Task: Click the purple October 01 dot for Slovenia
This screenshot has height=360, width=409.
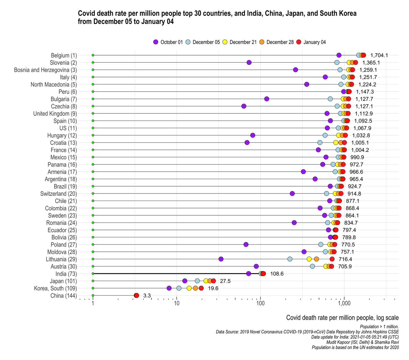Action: click(x=249, y=62)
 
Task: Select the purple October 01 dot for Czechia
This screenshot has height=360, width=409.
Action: click(x=244, y=106)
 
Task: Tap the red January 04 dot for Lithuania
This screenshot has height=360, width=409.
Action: click(x=332, y=259)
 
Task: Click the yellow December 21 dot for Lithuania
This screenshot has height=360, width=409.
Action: click(x=309, y=259)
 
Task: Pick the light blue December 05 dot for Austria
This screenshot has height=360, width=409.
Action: click(x=312, y=266)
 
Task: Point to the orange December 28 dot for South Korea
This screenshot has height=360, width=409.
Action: click(x=195, y=288)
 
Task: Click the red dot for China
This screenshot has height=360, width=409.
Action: click(x=136, y=296)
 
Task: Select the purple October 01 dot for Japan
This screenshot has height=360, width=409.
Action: click(x=185, y=281)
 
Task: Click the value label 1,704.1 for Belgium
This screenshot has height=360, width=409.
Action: click(x=379, y=55)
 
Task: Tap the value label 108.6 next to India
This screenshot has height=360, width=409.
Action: click(x=277, y=274)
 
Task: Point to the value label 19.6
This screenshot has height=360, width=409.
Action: click(x=213, y=288)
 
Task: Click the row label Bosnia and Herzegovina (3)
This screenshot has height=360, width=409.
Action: click(x=45, y=70)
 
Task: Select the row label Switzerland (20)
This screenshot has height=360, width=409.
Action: click(x=59, y=194)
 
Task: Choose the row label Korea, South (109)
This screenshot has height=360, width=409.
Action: click(x=55, y=288)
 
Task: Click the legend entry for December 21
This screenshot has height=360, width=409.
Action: click(x=239, y=42)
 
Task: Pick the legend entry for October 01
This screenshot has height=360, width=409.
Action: click(x=168, y=42)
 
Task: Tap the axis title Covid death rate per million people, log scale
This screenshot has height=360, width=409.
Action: click(x=342, y=318)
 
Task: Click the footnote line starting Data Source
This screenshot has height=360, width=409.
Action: click(x=307, y=331)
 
